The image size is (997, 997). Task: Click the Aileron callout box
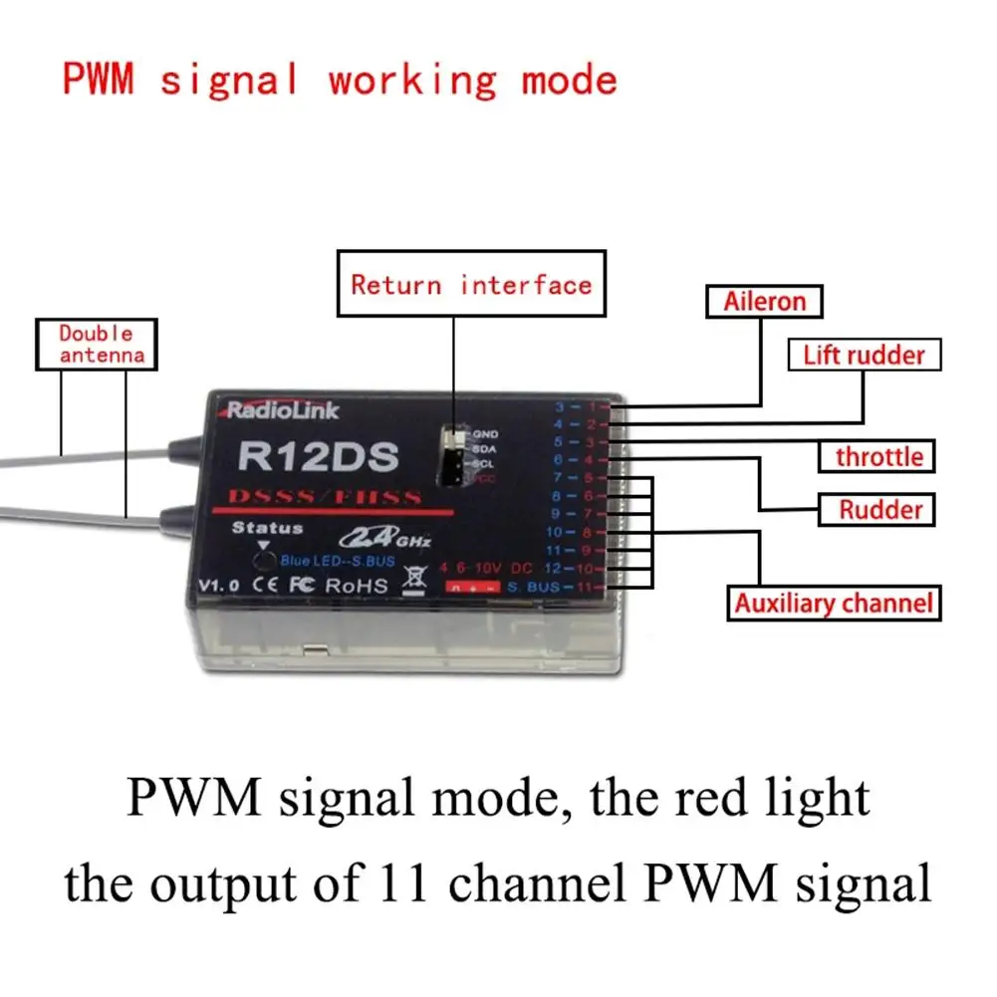765,302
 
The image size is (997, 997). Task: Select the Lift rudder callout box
864,356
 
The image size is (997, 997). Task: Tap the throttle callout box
878,457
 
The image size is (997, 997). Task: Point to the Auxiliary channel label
834,603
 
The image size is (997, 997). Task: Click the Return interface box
471,285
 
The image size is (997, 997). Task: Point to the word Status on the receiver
267,528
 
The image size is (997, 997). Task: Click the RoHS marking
356,586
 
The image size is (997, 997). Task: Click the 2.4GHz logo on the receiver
383,539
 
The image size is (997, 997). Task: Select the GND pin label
486,434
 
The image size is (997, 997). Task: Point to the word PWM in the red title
99,79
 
